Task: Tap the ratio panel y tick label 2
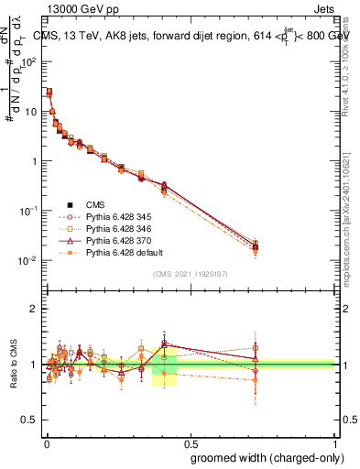35,309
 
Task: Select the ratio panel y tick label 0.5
31,420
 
